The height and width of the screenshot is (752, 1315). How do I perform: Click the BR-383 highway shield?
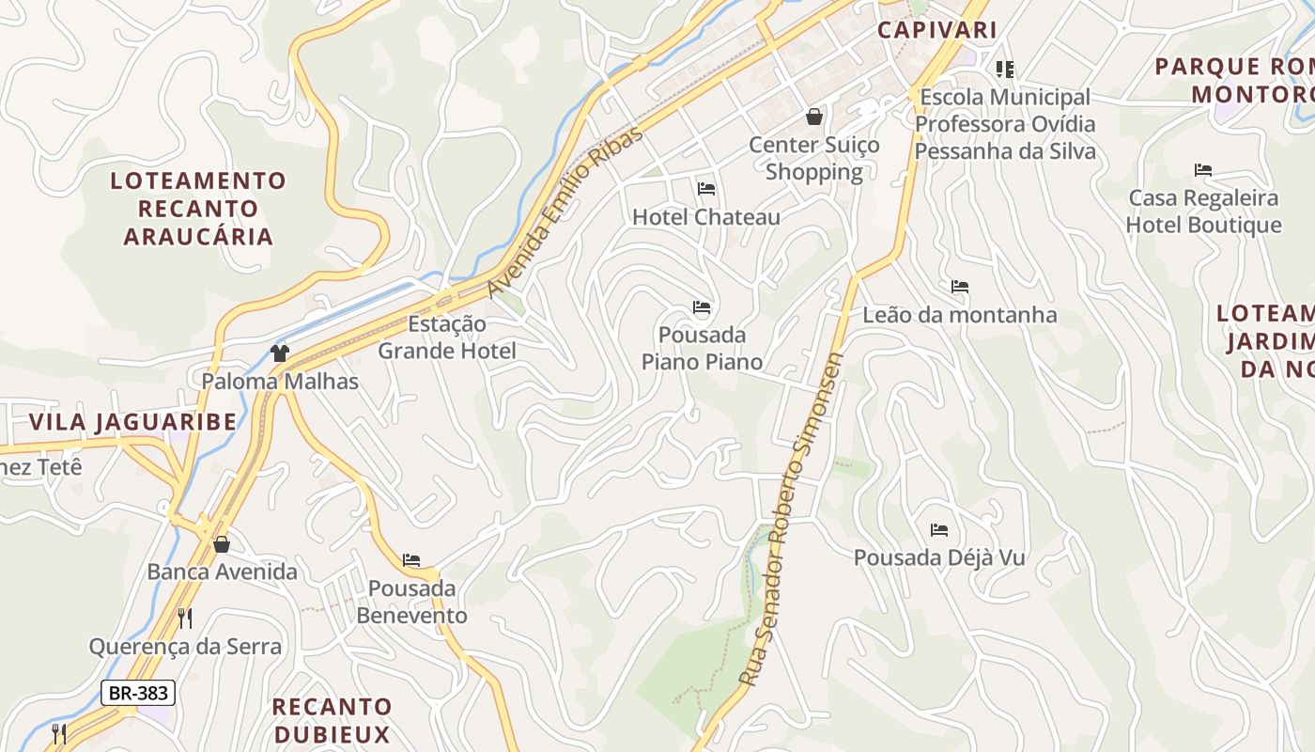138,694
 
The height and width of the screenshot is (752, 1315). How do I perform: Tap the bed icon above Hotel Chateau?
706,189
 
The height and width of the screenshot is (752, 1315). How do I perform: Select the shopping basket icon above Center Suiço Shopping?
813,117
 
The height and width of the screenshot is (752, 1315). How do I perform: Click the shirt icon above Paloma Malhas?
279,353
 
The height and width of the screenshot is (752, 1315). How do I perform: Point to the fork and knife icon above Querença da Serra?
185,618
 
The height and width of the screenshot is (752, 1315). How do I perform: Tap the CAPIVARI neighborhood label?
936,29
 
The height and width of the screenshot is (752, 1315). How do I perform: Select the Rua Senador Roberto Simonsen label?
793,519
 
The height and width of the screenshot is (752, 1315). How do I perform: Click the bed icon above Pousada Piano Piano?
702,307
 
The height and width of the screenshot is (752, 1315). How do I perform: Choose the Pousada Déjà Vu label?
938,557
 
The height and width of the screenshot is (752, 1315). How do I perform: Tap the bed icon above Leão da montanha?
959,287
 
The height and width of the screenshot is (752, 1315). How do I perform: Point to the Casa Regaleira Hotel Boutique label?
1203,211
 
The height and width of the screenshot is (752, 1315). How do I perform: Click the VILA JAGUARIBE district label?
132,421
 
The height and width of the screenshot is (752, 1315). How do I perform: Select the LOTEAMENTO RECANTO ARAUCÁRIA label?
198,208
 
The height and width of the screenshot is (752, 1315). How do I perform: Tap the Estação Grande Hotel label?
447,337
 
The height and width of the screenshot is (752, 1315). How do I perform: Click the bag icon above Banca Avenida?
222,544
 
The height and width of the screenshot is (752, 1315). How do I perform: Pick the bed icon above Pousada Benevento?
411,560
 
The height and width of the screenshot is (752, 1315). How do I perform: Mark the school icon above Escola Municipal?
1004,70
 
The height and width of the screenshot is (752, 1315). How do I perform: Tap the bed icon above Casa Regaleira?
1203,170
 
